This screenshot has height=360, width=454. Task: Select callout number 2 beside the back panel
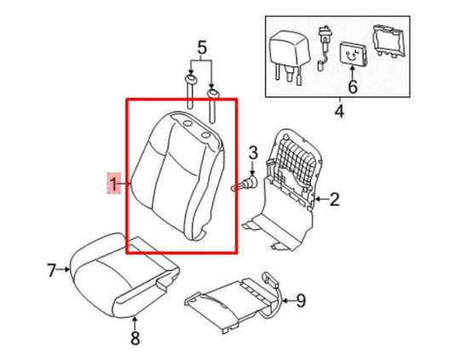pos(334,200)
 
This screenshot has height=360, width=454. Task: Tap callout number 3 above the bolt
pos(252,153)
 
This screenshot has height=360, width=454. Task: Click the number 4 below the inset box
pos(338,111)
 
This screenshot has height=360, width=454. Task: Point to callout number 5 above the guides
pos(201,47)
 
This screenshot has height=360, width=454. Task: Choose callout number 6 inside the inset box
pos(352,87)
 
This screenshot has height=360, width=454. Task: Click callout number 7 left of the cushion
pos(50,271)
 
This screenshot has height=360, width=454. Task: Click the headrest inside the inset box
pos(288,51)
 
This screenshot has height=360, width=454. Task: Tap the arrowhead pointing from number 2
pos(316,200)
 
